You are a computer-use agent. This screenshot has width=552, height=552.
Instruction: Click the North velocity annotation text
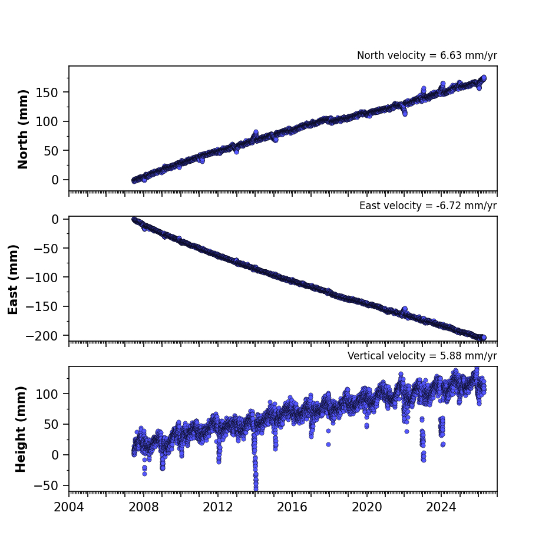(x=427, y=55)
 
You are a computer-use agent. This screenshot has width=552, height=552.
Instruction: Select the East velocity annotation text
(x=428, y=206)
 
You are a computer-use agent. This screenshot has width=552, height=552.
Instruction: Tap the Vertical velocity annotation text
(x=422, y=356)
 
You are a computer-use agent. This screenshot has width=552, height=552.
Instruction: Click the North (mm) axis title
(x=22, y=129)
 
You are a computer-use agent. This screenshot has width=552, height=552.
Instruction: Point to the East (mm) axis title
(x=13, y=279)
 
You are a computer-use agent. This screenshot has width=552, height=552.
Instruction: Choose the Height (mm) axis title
(x=21, y=429)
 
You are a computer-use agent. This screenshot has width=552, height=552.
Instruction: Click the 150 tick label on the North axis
(x=47, y=92)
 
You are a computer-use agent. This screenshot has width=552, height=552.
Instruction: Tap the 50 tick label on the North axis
(x=51, y=151)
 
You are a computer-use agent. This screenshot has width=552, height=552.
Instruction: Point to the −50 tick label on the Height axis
(x=46, y=485)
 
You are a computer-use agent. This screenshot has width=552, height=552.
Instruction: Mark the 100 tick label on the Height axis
(x=47, y=394)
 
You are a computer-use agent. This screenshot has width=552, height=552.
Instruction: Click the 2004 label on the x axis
(x=69, y=507)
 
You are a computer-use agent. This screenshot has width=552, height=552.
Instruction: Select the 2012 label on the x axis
(x=218, y=507)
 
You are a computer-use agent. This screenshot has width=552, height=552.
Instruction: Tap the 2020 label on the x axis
(x=367, y=507)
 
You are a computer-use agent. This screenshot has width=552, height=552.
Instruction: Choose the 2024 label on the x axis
(x=441, y=507)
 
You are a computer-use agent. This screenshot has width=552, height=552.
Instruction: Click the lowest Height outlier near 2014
(x=256, y=488)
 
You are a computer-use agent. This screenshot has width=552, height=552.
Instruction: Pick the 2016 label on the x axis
(x=292, y=507)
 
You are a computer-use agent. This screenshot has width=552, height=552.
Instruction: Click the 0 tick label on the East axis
(x=55, y=219)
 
